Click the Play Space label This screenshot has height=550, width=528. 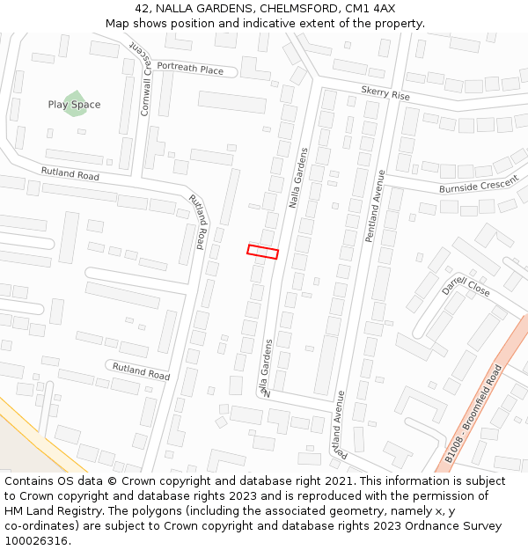point(74,105)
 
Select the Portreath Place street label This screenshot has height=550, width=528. point(190,70)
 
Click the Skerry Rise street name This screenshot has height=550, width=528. point(385,93)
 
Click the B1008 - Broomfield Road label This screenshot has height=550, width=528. point(473,415)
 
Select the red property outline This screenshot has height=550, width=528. point(262,252)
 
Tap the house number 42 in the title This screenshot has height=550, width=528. point(143,8)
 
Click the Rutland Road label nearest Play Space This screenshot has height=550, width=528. point(70,173)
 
